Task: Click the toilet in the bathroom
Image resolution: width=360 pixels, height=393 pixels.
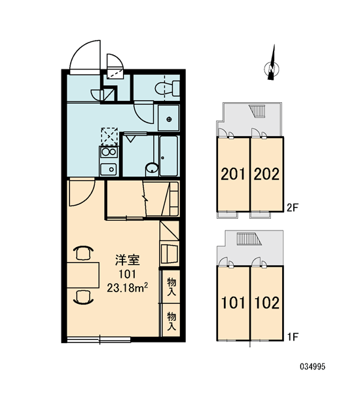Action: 168,88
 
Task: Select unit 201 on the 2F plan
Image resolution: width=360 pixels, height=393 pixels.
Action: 234,174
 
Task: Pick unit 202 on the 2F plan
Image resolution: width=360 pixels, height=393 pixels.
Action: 267,174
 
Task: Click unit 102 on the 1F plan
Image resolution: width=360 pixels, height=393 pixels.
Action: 267,303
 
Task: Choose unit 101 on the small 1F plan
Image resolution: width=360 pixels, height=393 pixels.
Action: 234,303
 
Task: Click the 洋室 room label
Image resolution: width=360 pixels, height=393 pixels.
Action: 127,260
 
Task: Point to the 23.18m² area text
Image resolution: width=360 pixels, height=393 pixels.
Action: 127,288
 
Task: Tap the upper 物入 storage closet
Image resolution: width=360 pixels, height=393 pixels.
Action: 171,286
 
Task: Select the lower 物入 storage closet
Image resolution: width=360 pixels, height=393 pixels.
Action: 171,320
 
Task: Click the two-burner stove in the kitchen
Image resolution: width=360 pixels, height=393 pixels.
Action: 109,152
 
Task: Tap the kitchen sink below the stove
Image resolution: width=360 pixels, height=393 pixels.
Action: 109,170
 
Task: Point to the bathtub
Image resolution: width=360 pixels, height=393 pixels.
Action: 169,156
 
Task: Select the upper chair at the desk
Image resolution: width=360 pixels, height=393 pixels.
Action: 83,253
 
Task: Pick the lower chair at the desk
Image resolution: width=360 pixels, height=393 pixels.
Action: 83,297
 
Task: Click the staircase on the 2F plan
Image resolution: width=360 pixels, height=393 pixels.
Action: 257,111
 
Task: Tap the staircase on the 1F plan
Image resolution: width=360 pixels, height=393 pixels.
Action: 249,239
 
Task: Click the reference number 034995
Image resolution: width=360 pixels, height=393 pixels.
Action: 313,367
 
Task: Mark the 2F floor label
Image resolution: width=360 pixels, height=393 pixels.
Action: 292,208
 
